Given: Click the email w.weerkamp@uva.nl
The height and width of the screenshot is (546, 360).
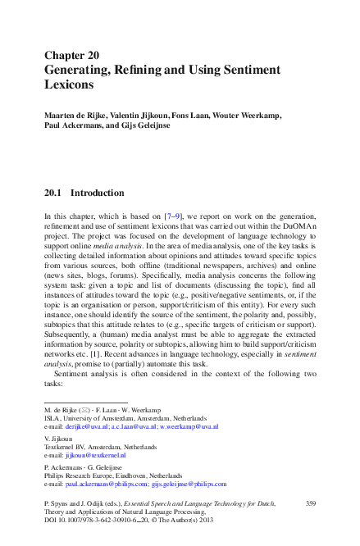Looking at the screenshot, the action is tap(189, 426).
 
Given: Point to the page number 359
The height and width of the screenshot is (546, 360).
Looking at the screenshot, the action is tap(310, 503).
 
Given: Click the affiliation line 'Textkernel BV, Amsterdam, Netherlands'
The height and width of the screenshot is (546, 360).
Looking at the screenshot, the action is tap(99, 446).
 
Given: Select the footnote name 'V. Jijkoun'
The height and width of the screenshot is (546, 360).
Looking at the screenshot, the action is tap(57, 439).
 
